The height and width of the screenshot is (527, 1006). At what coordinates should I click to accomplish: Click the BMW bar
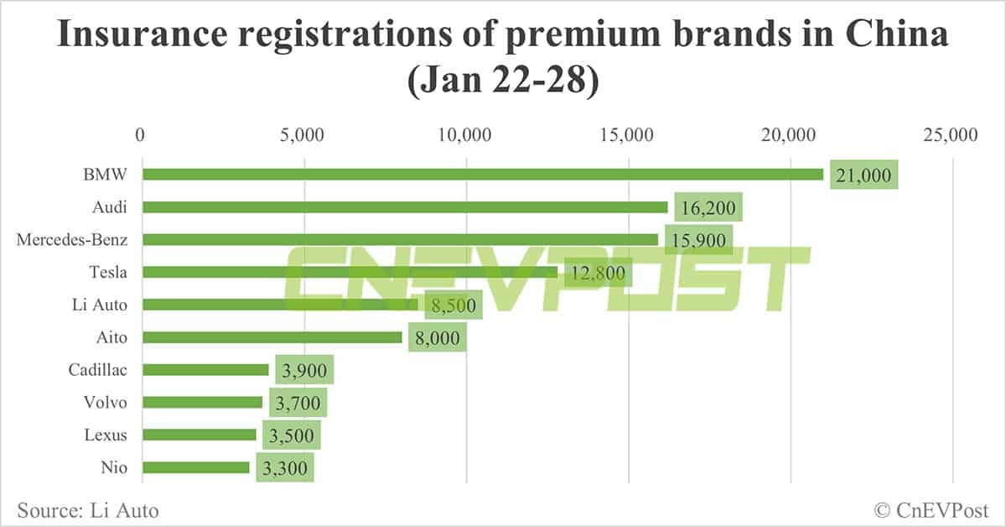coord(482,175)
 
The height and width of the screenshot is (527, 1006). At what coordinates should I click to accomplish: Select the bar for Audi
coord(405,206)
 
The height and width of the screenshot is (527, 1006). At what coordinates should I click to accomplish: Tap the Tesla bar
coord(350,272)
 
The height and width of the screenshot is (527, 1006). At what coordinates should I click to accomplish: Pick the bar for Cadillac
coord(205,369)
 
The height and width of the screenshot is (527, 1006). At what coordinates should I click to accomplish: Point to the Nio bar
coord(196,467)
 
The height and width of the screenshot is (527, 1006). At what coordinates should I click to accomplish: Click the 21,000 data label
coord(863,175)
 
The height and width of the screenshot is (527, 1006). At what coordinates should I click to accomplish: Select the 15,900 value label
coord(698,240)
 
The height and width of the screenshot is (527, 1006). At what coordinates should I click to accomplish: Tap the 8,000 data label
coord(437,337)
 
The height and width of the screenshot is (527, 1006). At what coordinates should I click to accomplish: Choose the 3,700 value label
coord(298,403)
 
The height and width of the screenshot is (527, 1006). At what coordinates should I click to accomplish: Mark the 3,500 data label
coord(292,436)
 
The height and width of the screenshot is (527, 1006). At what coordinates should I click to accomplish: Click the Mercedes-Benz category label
coord(72,240)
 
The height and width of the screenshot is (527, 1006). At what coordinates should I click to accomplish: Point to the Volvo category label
coord(106,403)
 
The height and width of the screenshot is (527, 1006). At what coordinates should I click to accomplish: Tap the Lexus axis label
coord(106,436)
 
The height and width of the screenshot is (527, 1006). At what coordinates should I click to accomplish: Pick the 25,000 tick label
coord(952,134)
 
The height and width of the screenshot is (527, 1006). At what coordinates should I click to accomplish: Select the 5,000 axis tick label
coord(304,134)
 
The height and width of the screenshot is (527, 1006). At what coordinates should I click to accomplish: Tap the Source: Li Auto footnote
coord(87,509)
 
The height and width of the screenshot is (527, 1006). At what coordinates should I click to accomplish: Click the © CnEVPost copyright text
coord(931,509)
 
